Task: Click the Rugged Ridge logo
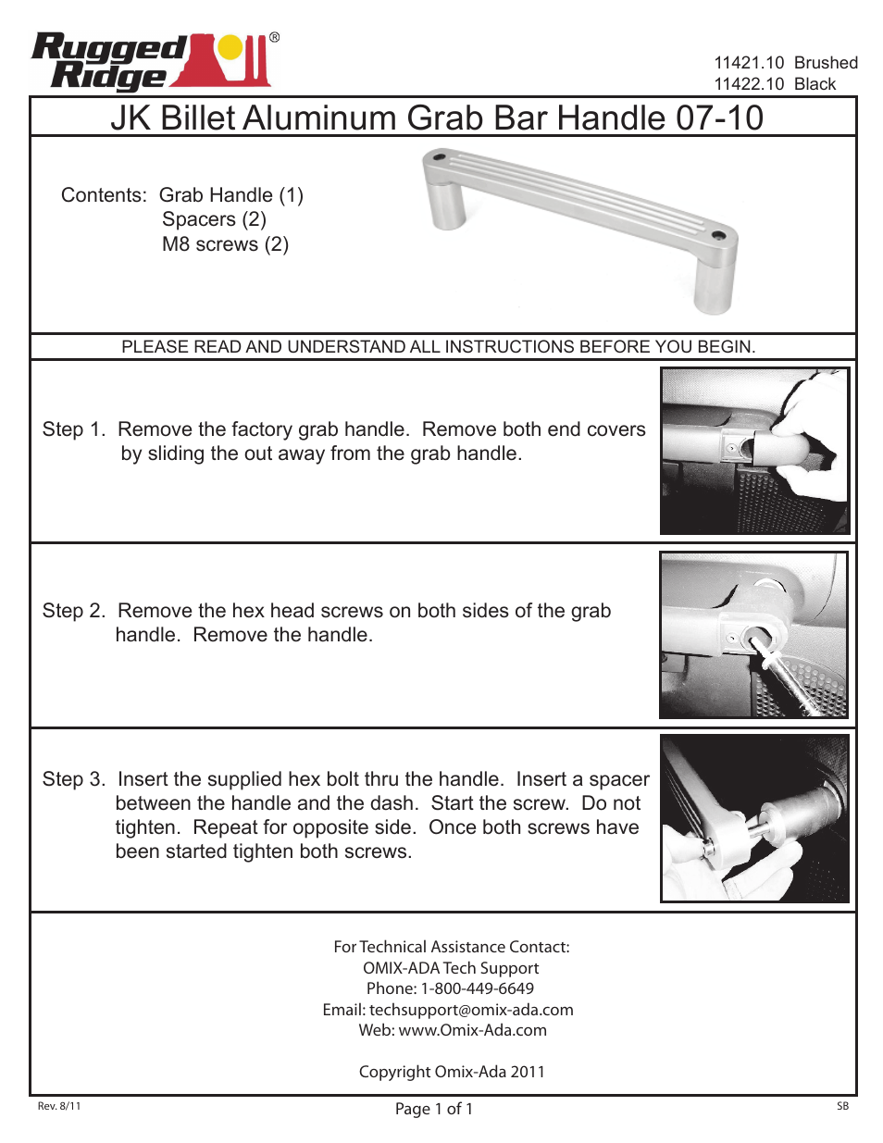[153, 62]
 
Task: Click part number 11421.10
[749, 63]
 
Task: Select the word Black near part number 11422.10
[815, 84]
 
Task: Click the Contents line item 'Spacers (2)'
[214, 219]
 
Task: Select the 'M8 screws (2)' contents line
[225, 244]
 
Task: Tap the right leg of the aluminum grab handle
[715, 283]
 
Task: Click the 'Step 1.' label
[74, 429]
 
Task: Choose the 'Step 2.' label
[74, 611]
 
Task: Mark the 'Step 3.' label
[74, 779]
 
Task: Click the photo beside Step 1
[754, 451]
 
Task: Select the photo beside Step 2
[753, 635]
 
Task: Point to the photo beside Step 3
[754, 818]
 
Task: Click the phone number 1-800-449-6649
[477, 988]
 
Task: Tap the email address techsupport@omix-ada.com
[471, 1010]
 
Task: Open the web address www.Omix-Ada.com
[472, 1030]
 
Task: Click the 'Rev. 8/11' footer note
[59, 1106]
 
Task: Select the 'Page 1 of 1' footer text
[434, 1109]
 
